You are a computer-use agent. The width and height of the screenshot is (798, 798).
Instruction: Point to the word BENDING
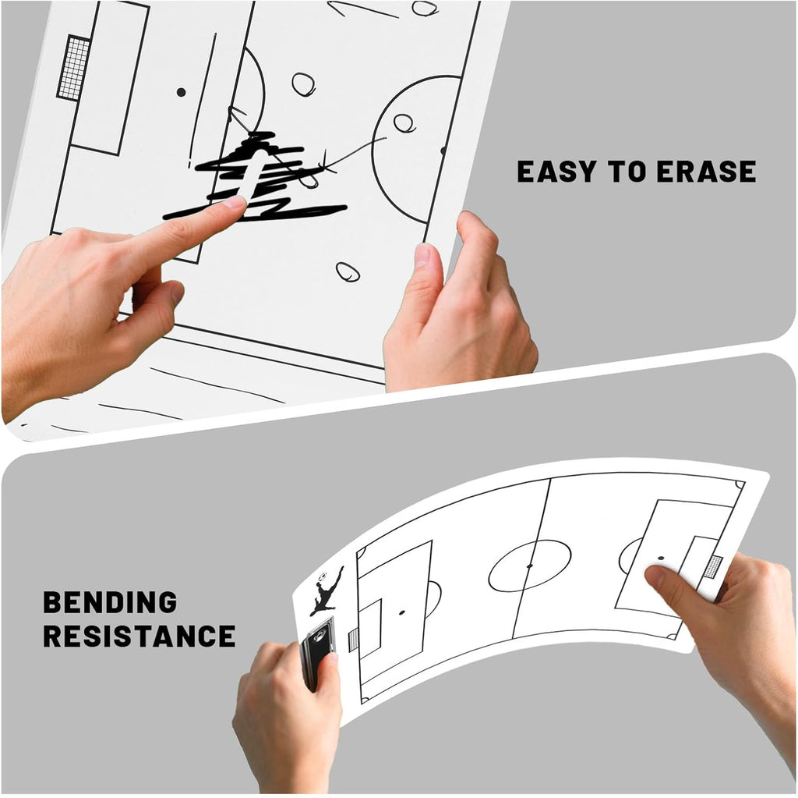click(x=110, y=602)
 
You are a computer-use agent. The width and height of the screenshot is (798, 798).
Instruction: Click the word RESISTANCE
click(x=139, y=636)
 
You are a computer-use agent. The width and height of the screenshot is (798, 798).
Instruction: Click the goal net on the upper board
click(x=74, y=67)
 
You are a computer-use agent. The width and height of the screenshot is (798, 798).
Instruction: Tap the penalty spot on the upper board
click(x=181, y=92)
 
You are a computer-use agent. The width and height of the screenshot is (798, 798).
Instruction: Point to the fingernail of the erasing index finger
click(x=235, y=202)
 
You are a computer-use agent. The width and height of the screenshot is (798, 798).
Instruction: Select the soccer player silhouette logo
click(x=327, y=591)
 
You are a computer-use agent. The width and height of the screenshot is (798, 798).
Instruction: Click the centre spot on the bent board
click(x=529, y=566)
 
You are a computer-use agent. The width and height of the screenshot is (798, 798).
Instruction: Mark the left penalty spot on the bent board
click(x=401, y=612)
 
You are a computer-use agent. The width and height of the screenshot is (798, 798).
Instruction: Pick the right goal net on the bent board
click(x=712, y=567)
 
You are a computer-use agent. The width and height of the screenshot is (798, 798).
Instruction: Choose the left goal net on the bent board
click(x=353, y=640)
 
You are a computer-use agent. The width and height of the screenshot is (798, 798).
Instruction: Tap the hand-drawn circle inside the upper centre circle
click(x=404, y=122)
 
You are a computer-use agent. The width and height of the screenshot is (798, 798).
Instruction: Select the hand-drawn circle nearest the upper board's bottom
click(x=348, y=272)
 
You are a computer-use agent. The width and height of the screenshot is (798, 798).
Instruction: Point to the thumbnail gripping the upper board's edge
click(x=422, y=256)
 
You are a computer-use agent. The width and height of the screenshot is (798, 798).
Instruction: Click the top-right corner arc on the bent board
click(x=739, y=485)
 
